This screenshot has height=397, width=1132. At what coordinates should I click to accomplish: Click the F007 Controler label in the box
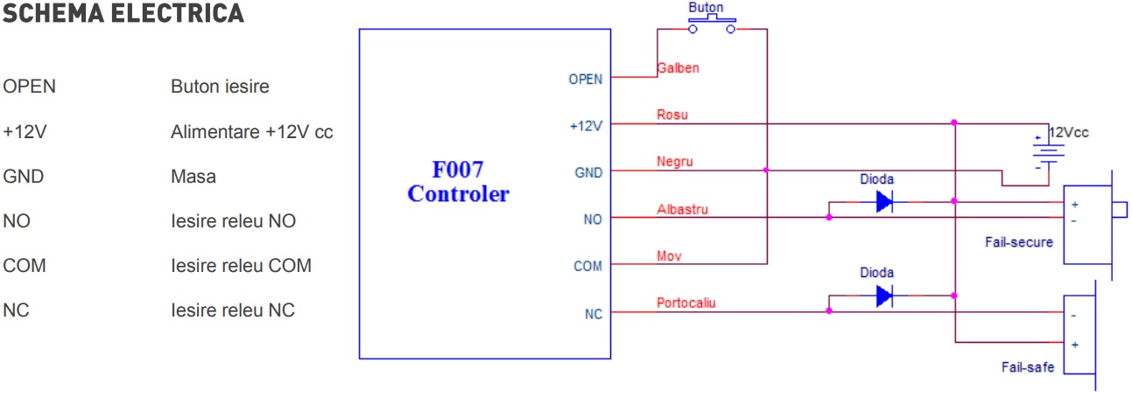[x=459, y=182]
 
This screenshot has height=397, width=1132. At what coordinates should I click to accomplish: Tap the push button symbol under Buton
[x=712, y=24]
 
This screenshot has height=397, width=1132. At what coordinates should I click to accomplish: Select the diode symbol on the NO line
[x=884, y=202]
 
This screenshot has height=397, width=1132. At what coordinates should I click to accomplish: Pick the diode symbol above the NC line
[x=884, y=296]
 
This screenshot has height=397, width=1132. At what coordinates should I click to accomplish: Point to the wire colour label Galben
[x=678, y=68]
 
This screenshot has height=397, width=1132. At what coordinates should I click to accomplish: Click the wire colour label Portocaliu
[x=686, y=303]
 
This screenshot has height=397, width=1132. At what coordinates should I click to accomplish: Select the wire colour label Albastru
[x=682, y=209]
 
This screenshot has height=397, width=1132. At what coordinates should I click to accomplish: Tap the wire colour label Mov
[x=669, y=256]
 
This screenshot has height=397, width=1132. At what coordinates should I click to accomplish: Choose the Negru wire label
[x=675, y=162]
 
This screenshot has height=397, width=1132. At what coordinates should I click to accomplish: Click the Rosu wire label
[x=672, y=115]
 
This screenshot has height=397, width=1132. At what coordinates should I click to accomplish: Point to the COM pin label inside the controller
[x=587, y=267]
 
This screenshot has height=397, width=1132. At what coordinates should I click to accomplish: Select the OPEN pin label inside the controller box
[x=586, y=80]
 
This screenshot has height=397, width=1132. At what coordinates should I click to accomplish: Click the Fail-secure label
[x=1019, y=242]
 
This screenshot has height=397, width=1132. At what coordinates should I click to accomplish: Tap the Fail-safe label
[x=1028, y=367]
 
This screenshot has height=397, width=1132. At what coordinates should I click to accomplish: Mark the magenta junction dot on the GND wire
[x=766, y=171]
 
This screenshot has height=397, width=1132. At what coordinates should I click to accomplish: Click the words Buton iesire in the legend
[x=220, y=87]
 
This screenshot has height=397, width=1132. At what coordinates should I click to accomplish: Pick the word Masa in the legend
[x=193, y=177]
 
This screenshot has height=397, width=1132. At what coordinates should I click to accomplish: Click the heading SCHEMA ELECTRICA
[x=123, y=13]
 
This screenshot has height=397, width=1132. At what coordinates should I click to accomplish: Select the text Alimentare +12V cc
[x=251, y=132]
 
